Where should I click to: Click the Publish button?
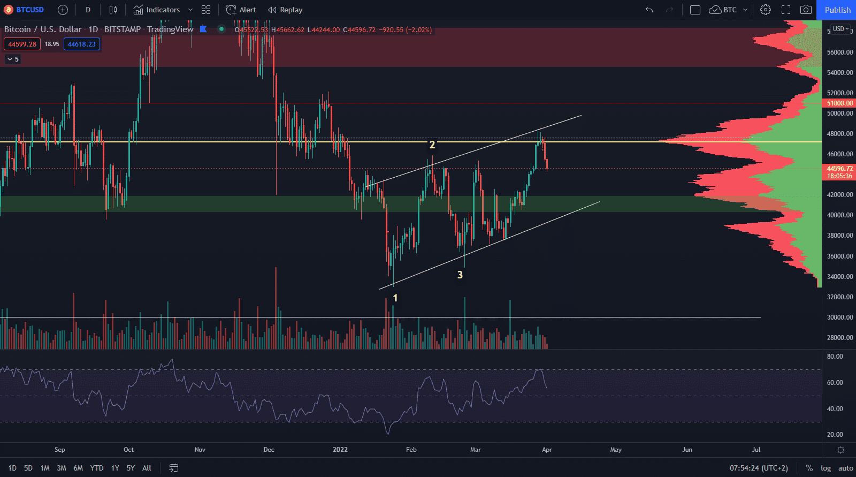(837, 10)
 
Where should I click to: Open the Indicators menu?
(157, 10)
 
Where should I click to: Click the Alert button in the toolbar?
(241, 10)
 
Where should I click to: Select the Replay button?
(285, 10)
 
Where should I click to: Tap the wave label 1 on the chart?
(395, 298)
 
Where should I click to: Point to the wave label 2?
(432, 145)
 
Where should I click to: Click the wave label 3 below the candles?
(460, 275)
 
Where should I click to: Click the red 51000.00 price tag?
(839, 103)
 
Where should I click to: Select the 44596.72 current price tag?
(839, 168)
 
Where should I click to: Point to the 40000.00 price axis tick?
(839, 215)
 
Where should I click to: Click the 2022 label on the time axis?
(340, 450)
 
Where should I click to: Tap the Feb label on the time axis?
(411, 450)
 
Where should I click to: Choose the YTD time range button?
(97, 468)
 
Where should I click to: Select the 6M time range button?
(78, 468)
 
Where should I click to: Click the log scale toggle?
(826, 468)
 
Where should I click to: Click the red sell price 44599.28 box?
(22, 44)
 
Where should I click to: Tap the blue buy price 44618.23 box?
(81, 44)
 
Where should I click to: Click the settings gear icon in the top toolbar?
(766, 10)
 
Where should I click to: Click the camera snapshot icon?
(806, 10)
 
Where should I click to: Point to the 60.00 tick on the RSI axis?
(835, 383)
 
